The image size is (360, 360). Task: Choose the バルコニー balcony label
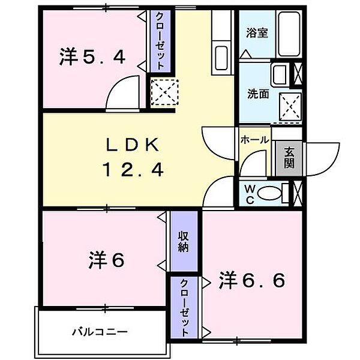coord(100,331)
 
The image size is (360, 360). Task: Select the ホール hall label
coord(254,139)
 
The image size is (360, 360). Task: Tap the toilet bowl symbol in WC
coord(272,193)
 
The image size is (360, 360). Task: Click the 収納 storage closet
coord(184,241)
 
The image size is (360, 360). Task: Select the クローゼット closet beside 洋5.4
coord(160,40)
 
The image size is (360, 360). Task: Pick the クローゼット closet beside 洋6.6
coord(185,307)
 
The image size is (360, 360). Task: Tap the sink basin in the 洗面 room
coord(280,75)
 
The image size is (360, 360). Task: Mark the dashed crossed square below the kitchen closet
coord(161,92)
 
